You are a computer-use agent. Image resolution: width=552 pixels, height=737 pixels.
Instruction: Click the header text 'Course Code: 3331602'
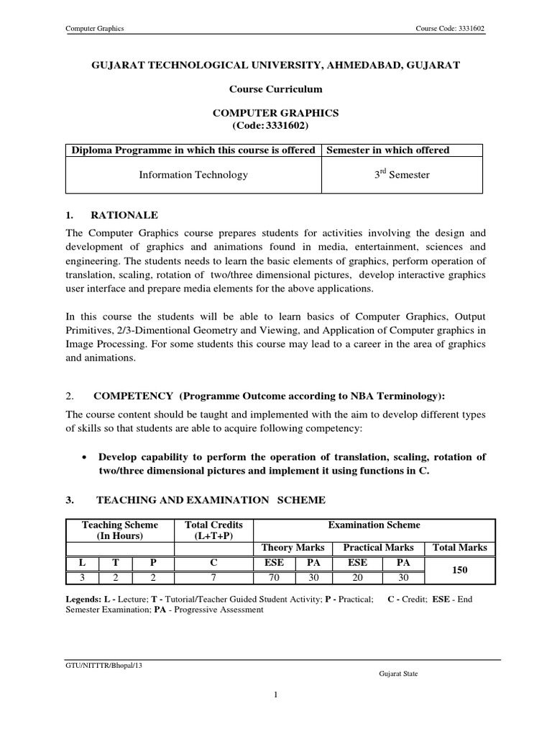click(455, 29)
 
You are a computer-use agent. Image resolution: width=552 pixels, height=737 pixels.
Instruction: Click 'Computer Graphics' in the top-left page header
click(96, 29)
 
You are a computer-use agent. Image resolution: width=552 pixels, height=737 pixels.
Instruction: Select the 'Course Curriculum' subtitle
click(275, 89)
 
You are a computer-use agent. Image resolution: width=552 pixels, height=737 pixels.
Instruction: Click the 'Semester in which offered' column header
click(388, 150)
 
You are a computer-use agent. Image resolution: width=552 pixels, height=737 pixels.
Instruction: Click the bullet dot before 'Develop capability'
click(86, 458)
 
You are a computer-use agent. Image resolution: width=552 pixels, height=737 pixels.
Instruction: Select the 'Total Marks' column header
click(460, 548)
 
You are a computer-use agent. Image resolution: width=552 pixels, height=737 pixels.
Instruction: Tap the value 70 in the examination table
click(272, 577)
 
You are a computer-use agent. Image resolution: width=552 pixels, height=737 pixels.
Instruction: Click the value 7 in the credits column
click(214, 577)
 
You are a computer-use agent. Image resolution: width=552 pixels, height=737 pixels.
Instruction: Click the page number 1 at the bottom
click(275, 695)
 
